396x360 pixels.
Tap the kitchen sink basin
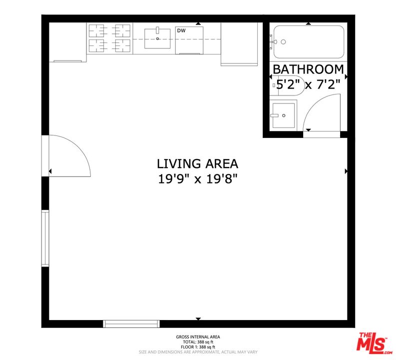[x=158, y=38]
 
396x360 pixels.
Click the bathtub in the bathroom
[x=309, y=42]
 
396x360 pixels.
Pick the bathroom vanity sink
[x=283, y=115]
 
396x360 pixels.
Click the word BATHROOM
[x=308, y=69]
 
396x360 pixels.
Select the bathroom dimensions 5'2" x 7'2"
[x=308, y=84]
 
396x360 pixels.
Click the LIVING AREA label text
[x=197, y=163]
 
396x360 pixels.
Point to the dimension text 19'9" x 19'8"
[x=197, y=178]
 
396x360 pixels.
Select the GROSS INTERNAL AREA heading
[x=198, y=337]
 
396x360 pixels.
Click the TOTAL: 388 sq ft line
[x=198, y=342]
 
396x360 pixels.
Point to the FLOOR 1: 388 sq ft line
[x=198, y=347]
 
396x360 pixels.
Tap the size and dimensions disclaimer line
[x=198, y=352]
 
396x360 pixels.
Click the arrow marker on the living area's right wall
[x=346, y=171]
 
